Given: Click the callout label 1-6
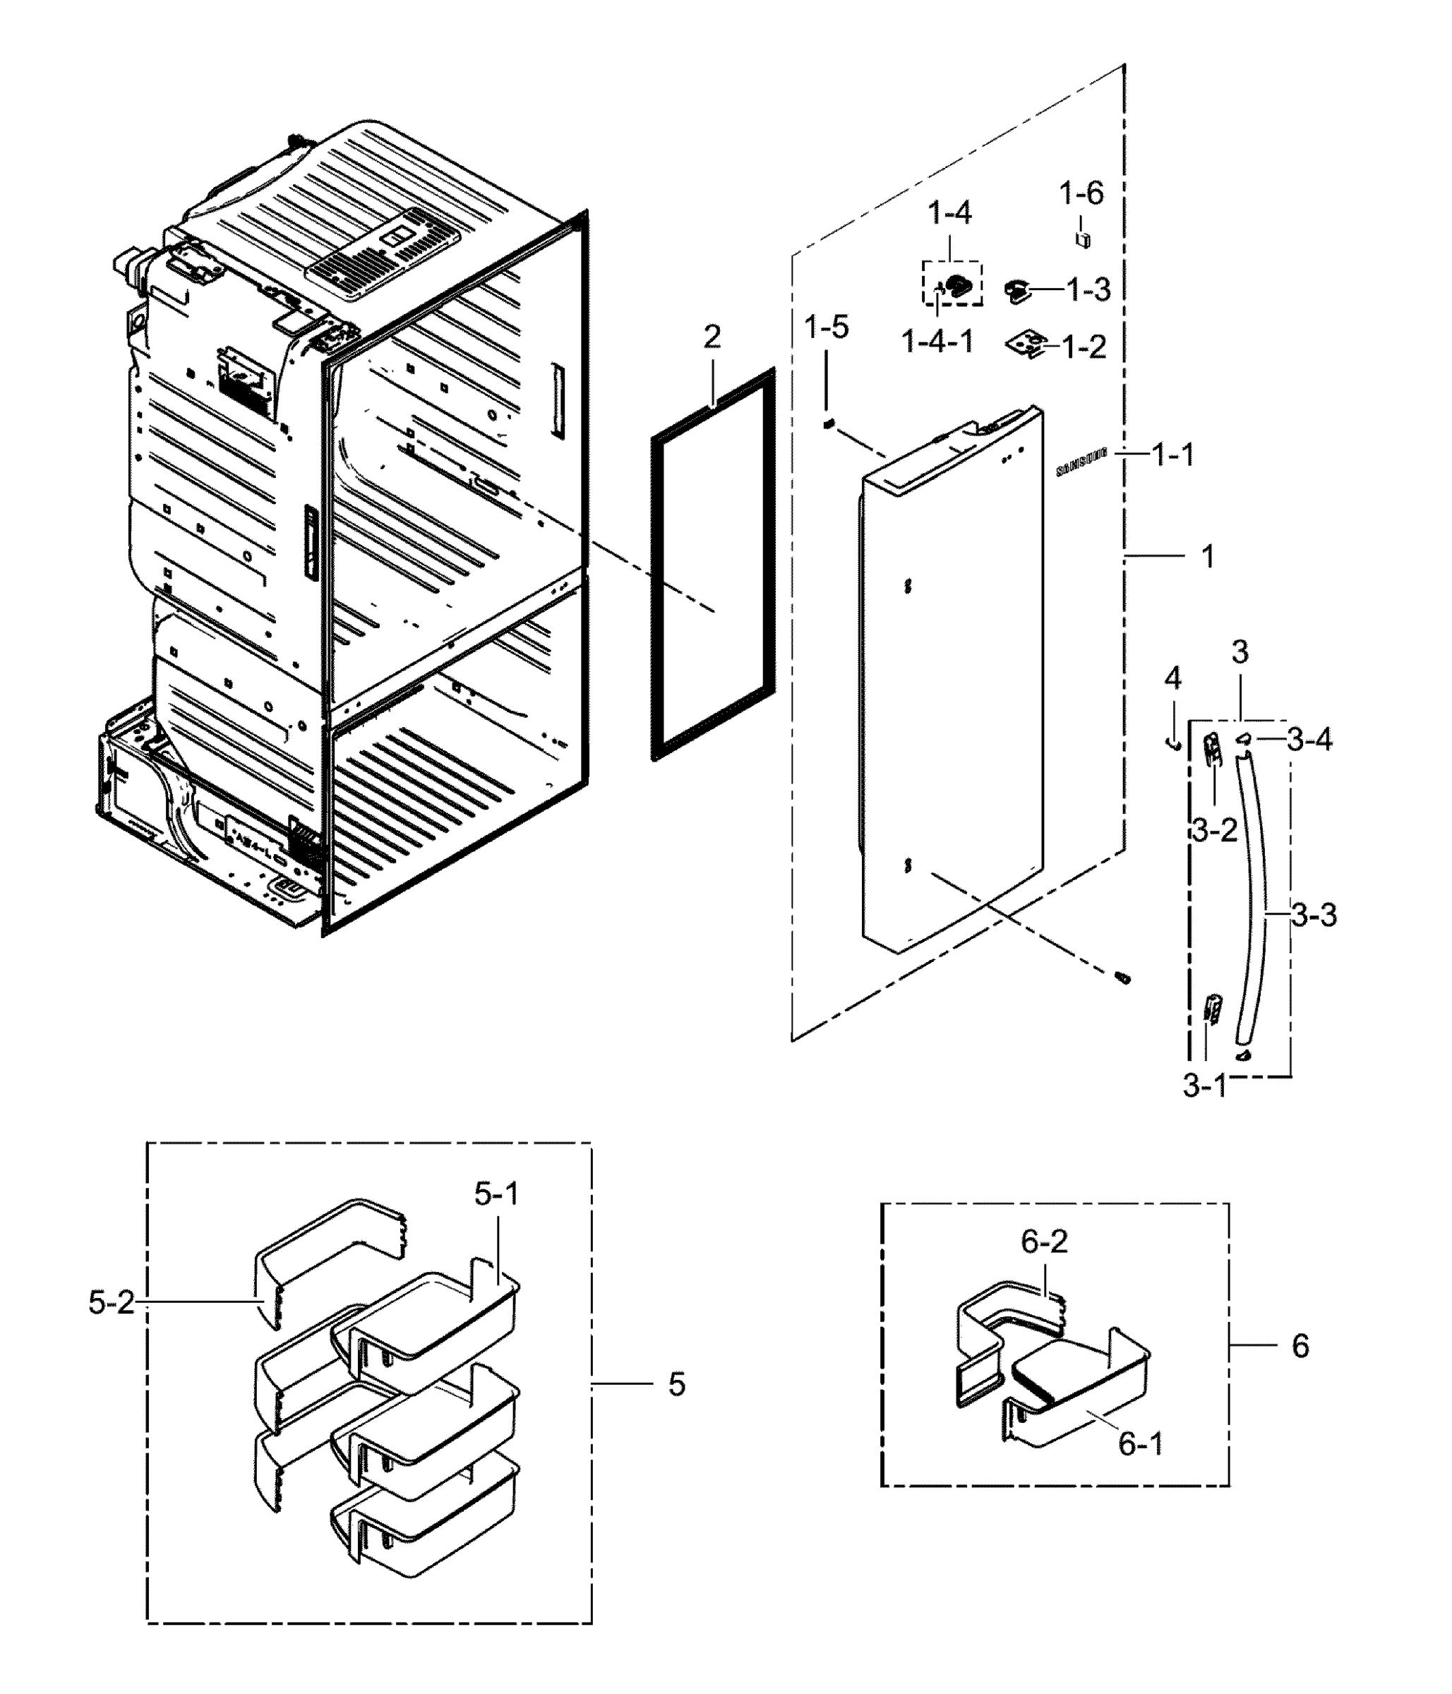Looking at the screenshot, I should pyautogui.click(x=1081, y=194).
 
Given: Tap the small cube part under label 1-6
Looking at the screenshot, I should pyautogui.click(x=1084, y=239).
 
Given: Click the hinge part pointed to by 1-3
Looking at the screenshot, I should pyautogui.click(x=1018, y=290).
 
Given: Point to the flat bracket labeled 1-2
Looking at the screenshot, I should pyautogui.click(x=1026, y=344).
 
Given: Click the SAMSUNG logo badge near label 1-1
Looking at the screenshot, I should pyautogui.click(x=1081, y=461).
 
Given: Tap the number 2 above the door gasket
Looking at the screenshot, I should pyautogui.click(x=712, y=337).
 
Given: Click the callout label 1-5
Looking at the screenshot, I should pyautogui.click(x=826, y=328).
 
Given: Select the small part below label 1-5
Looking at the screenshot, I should pyautogui.click(x=827, y=423).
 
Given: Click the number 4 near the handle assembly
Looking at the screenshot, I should pyautogui.click(x=1172, y=678).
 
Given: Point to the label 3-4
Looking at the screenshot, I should pyautogui.click(x=1309, y=740).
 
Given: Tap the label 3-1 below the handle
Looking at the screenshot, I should pyautogui.click(x=1204, y=1086).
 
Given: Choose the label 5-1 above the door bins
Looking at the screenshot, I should pyautogui.click(x=496, y=1194).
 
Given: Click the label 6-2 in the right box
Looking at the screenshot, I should pyautogui.click(x=1044, y=1242).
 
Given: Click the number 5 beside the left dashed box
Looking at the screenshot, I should pyautogui.click(x=676, y=1384).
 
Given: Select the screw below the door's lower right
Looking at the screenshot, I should pyautogui.click(x=1123, y=978).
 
